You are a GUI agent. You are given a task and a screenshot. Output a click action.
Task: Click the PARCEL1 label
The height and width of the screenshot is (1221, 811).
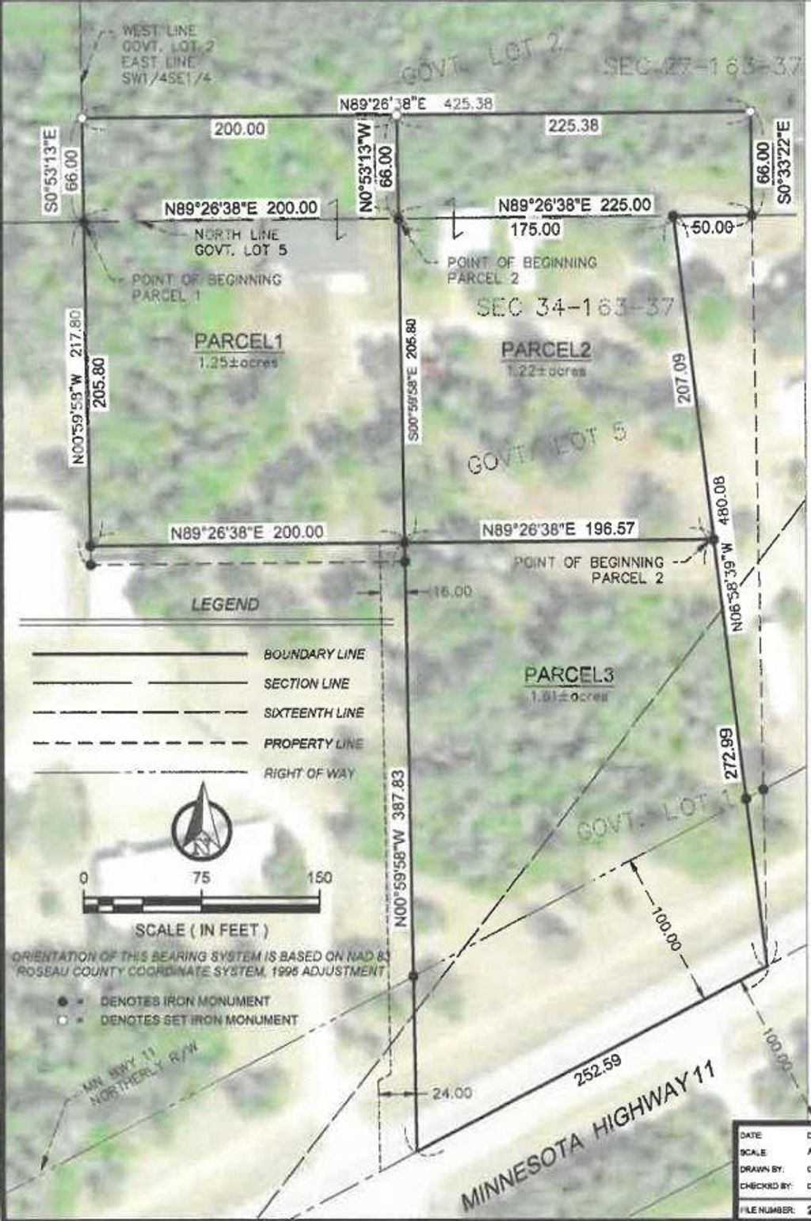click(x=239, y=341)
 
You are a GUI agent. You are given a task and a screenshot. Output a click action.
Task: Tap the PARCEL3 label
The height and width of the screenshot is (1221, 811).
click(x=569, y=675)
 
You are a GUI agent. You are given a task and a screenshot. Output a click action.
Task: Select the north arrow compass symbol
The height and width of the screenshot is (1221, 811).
click(x=201, y=823)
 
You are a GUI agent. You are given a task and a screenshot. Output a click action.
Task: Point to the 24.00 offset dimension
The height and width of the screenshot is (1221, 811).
click(x=451, y=1093)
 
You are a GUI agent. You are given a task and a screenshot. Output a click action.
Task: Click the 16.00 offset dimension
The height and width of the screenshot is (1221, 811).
click(x=451, y=591)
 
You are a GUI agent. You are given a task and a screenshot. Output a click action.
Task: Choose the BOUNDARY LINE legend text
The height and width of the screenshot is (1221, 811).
click(x=314, y=654)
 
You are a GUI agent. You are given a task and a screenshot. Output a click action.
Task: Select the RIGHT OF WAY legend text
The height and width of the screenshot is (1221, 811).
click(x=310, y=773)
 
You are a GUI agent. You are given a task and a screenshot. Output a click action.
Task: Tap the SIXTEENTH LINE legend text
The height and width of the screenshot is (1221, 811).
click(x=314, y=713)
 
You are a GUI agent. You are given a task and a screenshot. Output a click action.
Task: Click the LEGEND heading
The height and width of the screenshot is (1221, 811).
click(x=225, y=605)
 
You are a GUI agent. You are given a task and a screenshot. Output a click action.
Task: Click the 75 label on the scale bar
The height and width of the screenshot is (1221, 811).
click(x=201, y=878)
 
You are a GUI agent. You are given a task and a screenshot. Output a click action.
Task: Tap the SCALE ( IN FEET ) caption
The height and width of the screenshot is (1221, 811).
click(x=202, y=929)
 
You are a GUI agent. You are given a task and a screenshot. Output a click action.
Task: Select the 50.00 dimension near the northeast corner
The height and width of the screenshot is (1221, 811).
click(x=711, y=227)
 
